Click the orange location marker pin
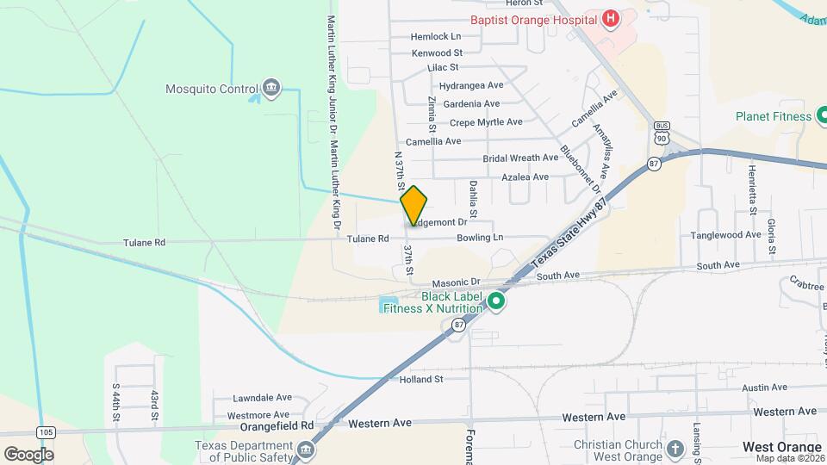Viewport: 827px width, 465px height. pos(413,206)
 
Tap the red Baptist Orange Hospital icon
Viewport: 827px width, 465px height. pos(610,19)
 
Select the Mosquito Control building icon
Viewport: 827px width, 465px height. pos(271,88)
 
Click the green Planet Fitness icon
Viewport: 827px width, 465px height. pos(824,116)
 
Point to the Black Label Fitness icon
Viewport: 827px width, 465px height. pos(495,301)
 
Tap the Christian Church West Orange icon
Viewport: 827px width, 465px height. pos(675,449)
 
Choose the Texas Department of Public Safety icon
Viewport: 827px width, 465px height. pos(305,450)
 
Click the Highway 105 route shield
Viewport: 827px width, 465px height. pos(46,431)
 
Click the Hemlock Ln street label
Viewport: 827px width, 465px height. pos(436,37)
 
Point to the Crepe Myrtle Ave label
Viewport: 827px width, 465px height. pos(486,122)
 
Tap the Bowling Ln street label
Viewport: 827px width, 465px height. pos(480,237)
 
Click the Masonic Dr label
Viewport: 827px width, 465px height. pos(456,282)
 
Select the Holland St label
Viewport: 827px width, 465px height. pos(421,378)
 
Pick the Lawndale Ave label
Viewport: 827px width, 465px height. pos(264,399)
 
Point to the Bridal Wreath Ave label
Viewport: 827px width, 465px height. pos(520,158)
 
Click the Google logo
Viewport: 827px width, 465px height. pos(28,454)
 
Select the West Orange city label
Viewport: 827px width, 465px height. pos(782,447)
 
